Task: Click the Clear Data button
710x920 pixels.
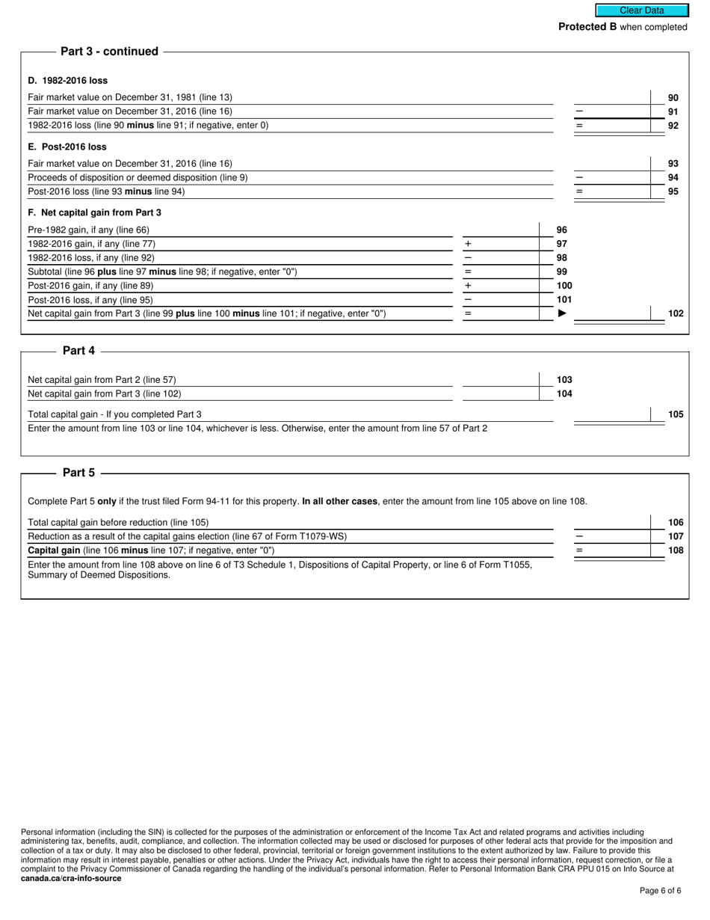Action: point(641,10)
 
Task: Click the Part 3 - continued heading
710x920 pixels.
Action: point(109,52)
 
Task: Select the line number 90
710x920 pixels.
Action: point(673,98)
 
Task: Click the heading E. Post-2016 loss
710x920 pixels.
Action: point(67,147)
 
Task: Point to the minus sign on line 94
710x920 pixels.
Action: point(579,178)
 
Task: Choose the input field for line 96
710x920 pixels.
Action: point(501,230)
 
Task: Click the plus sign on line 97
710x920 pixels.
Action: point(468,245)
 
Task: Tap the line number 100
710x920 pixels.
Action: point(564,286)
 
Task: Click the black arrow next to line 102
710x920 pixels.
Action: point(563,313)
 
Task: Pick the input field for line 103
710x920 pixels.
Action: point(501,380)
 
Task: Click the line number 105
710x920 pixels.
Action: point(676,414)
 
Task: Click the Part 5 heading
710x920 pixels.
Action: point(78,473)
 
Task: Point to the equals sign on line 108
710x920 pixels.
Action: point(579,551)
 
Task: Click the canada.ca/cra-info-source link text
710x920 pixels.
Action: point(71,879)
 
